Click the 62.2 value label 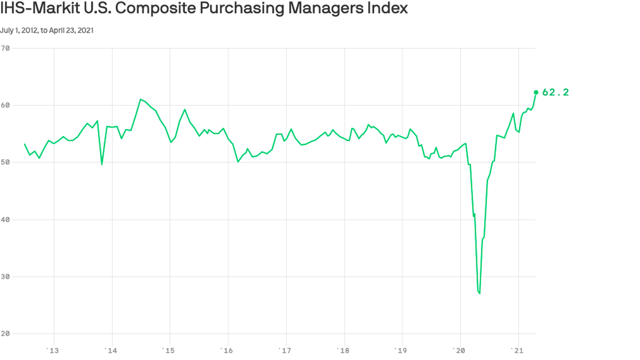[555, 92]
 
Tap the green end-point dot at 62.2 [536, 92]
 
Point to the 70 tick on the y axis [6, 48]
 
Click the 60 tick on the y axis [6, 105]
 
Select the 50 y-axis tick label [6, 162]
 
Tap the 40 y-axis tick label [6, 219]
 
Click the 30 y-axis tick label [6, 277]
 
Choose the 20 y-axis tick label [6, 334]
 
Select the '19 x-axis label [401, 350]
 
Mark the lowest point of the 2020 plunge [480, 293]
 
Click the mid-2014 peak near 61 [141, 99]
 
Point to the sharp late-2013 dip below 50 [102, 164]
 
